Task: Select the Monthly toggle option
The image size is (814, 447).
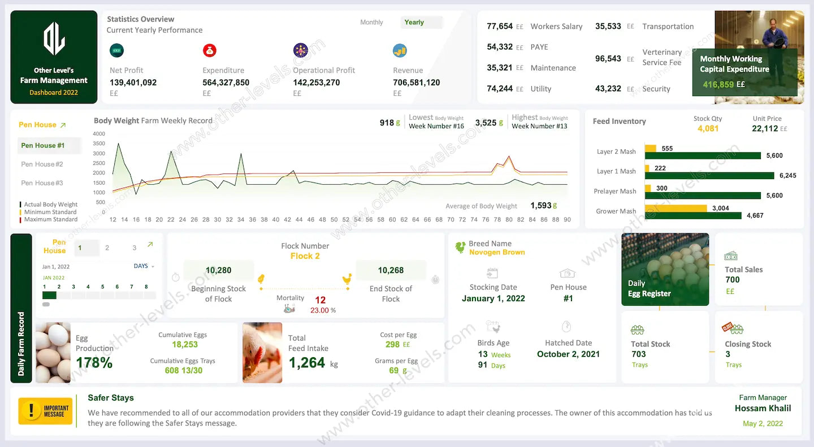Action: [x=371, y=23]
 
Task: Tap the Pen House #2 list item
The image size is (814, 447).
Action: [x=42, y=164]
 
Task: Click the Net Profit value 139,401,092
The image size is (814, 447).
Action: [x=133, y=83]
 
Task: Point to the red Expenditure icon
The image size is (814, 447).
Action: [x=210, y=50]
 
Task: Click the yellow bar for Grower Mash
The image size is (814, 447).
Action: [x=676, y=208]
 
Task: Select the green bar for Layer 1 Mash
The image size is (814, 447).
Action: [x=709, y=176]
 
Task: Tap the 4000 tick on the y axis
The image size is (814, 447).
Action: [x=99, y=134]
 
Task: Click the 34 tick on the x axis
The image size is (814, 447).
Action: [x=241, y=220]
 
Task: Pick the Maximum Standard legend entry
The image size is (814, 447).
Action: [x=50, y=219]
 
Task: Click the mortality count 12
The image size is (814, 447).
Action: [x=320, y=300]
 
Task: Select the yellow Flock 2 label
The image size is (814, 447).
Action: [x=305, y=256]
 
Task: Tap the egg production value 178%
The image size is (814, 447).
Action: [x=94, y=362]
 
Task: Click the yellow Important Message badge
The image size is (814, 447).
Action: [x=45, y=411]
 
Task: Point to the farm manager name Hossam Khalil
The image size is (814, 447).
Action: [x=763, y=408]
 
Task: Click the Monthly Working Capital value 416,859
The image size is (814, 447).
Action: [x=718, y=85]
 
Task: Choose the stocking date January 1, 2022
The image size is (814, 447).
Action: [x=493, y=298]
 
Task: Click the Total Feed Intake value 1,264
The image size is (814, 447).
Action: [x=307, y=363]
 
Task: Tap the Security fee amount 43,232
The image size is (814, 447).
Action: [x=608, y=89]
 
